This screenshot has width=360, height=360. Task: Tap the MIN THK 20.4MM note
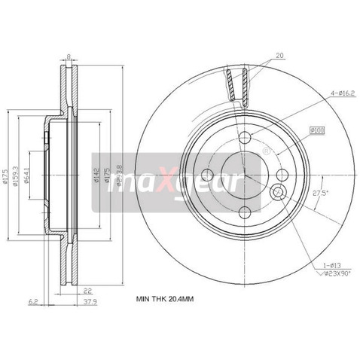tap(164, 300)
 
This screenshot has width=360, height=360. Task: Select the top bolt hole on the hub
tap(244, 137)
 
